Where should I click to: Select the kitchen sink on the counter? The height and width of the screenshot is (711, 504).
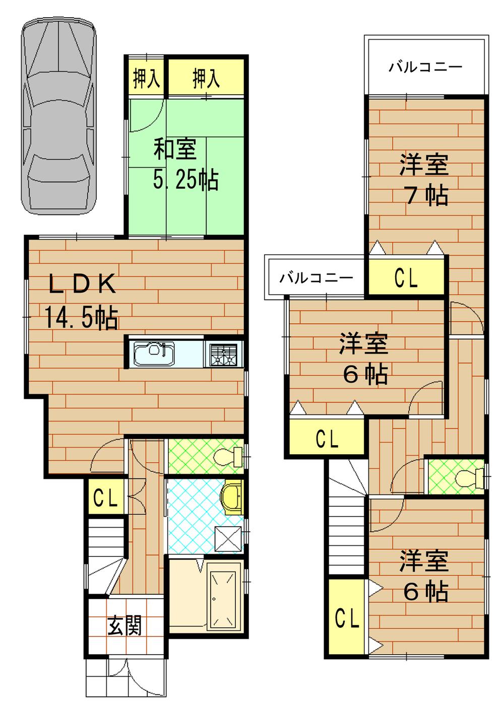(154, 353)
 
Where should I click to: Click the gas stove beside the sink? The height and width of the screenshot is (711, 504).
(223, 354)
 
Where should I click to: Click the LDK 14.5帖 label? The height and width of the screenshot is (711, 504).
(82, 302)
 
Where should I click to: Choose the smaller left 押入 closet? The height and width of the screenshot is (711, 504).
(146, 78)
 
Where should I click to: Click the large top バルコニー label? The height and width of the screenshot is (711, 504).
(425, 67)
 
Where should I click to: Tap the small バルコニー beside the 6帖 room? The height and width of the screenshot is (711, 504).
(316, 277)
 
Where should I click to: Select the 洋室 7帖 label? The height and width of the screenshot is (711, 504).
(424, 180)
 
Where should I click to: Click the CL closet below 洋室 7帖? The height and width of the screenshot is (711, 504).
(406, 277)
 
